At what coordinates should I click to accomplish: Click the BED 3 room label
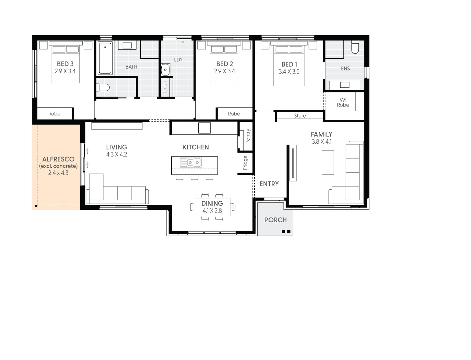tap(65, 64)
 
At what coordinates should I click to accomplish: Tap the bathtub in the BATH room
tap(105, 58)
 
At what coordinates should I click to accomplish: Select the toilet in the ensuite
tap(355, 47)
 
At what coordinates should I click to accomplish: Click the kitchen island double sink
tap(191, 162)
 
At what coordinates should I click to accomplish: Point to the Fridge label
tap(245, 163)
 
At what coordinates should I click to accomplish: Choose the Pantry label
tap(248, 136)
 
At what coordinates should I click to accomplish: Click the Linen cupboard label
tap(165, 87)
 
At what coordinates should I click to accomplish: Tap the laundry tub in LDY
tap(165, 70)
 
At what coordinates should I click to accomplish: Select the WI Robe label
tap(343, 102)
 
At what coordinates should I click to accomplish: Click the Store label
tap(300, 116)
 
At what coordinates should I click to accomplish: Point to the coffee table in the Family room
tap(328, 163)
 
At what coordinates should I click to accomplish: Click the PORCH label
tap(275, 220)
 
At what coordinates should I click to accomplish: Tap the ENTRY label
tap(269, 184)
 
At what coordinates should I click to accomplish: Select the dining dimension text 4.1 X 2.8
tap(212, 211)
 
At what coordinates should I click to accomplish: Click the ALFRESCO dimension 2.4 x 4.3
tap(58, 173)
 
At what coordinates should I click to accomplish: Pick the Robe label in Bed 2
tap(234, 114)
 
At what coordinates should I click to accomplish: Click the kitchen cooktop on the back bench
tap(204, 128)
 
